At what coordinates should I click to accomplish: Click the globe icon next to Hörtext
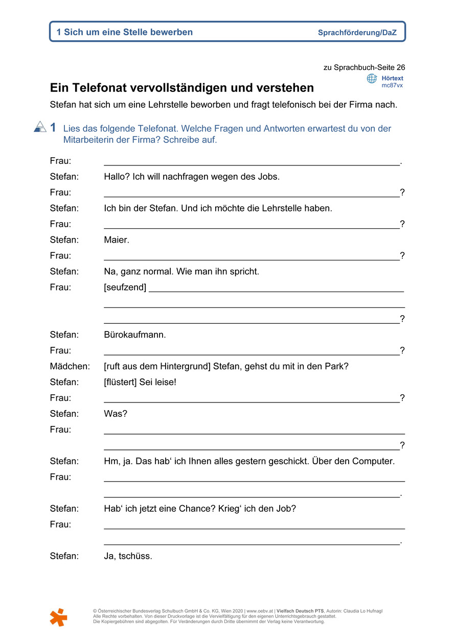372,79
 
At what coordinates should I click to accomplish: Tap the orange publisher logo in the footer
58,617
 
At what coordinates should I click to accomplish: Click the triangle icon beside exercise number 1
40,127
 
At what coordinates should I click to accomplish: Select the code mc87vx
392,85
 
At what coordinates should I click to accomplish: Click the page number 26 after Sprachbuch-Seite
400,67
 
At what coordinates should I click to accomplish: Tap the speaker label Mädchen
70,366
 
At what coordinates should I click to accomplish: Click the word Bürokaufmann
134,335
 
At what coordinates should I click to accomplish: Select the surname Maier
116,240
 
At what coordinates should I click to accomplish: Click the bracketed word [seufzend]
125,287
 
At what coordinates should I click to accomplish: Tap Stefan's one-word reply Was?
116,414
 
